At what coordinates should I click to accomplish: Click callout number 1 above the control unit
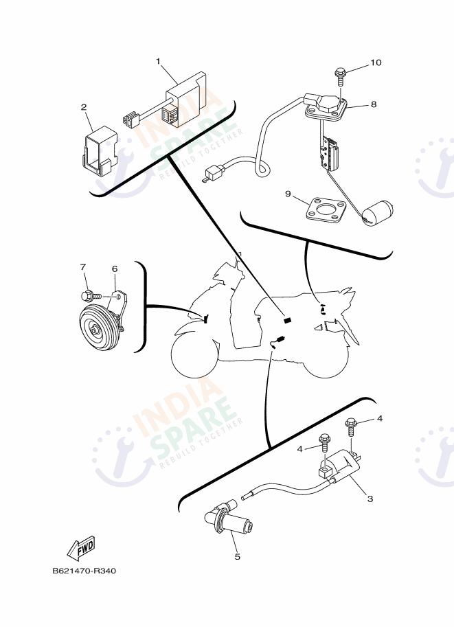(158, 61)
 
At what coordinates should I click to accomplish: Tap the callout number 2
(84, 107)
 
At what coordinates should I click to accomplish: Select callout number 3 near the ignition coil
(370, 499)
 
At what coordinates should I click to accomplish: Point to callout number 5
(237, 556)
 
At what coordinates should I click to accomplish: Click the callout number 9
(289, 194)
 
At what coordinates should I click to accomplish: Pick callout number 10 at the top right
(375, 62)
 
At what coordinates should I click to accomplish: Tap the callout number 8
(374, 104)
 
